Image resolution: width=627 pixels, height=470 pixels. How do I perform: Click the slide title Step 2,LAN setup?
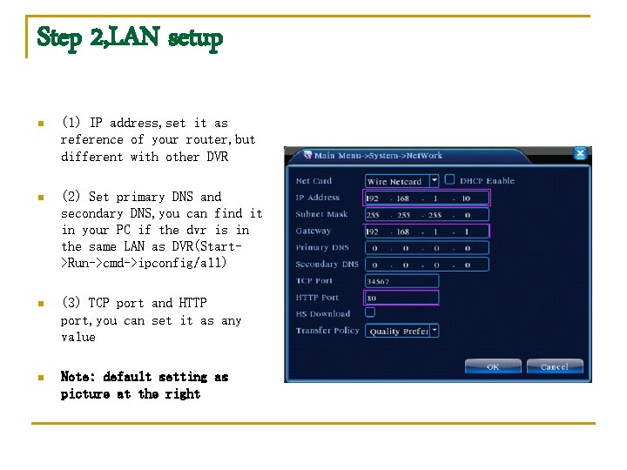point(129,37)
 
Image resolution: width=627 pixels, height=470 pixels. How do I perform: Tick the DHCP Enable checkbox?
point(450,180)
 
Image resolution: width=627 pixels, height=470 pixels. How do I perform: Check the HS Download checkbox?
point(370,312)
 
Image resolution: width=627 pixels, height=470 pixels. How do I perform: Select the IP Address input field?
point(427,198)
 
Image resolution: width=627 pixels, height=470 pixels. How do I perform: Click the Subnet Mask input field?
point(427,214)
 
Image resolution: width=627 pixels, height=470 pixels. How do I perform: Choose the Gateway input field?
point(427,232)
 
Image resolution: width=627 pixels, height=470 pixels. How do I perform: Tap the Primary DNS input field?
point(427,248)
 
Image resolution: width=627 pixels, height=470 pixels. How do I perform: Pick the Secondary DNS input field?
point(427,265)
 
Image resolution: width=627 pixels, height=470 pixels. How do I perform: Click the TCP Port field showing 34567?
point(401,281)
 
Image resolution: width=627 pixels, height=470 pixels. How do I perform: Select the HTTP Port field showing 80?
point(401,298)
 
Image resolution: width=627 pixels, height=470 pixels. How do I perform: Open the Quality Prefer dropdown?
point(401,331)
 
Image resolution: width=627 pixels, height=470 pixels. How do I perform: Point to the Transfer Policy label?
point(327,331)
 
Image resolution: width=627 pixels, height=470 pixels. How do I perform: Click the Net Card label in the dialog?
point(314,181)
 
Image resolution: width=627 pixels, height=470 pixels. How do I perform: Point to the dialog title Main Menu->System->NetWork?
point(378,156)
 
